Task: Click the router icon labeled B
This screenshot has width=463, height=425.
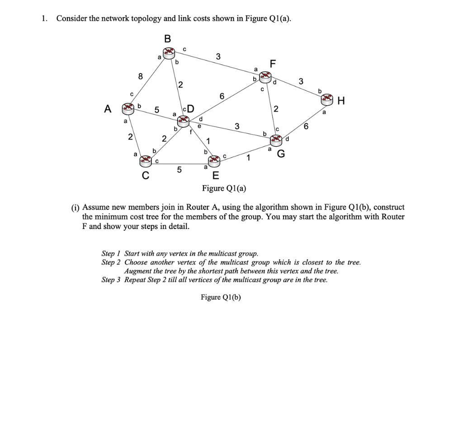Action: [x=168, y=52]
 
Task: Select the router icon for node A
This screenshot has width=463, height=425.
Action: [x=129, y=108]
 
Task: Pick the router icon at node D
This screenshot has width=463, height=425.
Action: [x=184, y=120]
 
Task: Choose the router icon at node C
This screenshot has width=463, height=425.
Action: [x=146, y=160]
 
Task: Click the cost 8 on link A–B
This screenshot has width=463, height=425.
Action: [x=141, y=77]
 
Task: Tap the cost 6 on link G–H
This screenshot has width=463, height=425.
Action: [x=306, y=127]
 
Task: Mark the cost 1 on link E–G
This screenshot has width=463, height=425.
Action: [x=248, y=158]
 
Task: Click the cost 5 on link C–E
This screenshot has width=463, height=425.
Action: [x=179, y=170]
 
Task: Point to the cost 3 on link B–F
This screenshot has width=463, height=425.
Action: [x=218, y=57]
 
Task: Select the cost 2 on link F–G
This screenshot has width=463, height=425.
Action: [x=276, y=109]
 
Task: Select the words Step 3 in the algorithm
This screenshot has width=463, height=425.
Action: [x=111, y=280]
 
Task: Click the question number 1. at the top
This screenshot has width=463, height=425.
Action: [x=44, y=19]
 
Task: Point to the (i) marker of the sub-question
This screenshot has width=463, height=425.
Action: [x=75, y=208]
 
